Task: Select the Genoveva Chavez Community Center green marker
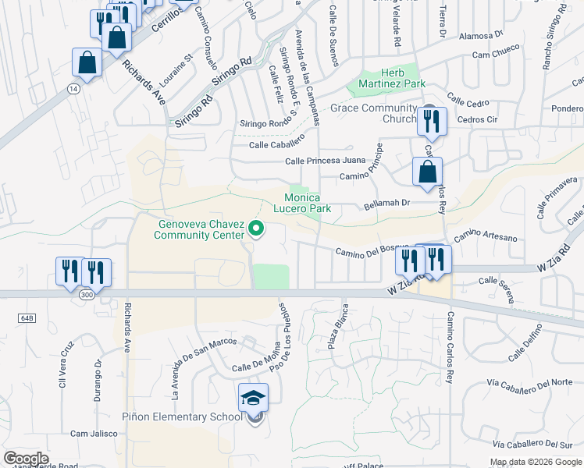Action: (x=255, y=229)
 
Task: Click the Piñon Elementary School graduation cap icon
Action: (x=254, y=398)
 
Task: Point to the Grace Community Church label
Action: (x=372, y=113)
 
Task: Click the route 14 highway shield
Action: (x=73, y=89)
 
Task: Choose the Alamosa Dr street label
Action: (x=481, y=36)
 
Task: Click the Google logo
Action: (x=27, y=459)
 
